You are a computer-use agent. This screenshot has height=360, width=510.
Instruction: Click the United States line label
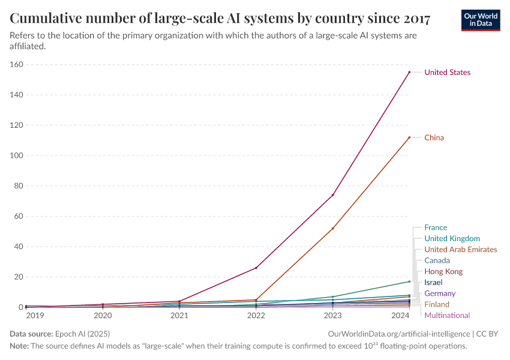(x=447, y=73)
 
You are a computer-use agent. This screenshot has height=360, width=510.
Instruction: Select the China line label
(x=434, y=138)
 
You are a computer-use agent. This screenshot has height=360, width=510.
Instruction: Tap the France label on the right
(x=436, y=227)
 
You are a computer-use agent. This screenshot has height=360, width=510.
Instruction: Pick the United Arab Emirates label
(x=460, y=250)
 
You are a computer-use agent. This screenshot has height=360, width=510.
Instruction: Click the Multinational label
(x=447, y=316)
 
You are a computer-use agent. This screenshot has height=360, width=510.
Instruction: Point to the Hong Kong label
(x=443, y=272)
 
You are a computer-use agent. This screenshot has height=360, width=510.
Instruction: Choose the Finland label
(x=437, y=305)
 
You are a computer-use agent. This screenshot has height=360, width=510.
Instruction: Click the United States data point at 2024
(x=409, y=72)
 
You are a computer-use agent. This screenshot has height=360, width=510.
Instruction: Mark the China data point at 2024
(x=409, y=137)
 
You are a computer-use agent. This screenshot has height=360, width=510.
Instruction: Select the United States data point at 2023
(x=332, y=195)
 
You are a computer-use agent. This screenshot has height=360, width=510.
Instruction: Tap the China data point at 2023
(x=332, y=229)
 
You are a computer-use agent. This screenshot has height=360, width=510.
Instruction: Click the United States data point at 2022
(x=256, y=268)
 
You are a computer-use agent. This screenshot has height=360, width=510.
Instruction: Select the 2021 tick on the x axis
(x=179, y=315)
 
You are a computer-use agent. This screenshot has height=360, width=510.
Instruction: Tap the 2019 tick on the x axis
(x=34, y=315)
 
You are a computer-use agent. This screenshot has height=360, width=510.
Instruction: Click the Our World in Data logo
(x=480, y=20)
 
